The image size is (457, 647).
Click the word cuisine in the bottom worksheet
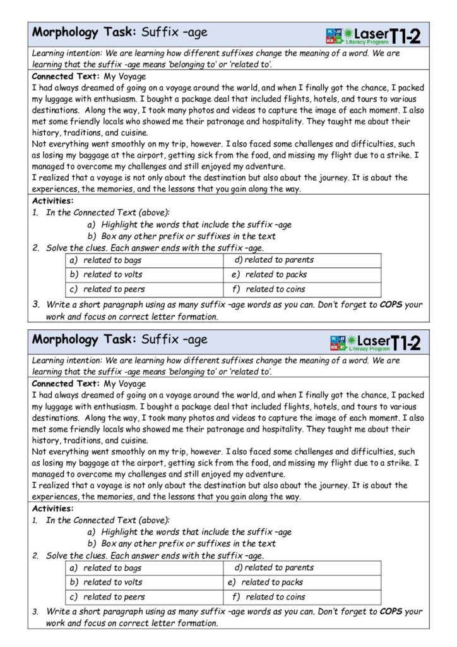coord(132,440)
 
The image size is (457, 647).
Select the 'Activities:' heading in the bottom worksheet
coord(52,508)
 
